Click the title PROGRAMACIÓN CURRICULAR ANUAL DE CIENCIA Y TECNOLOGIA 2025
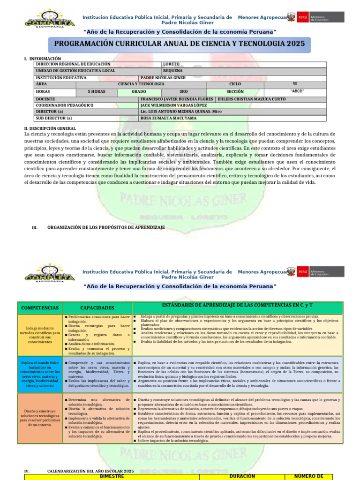[x=180, y=44]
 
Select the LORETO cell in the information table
[x=171, y=64]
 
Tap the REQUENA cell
[x=172, y=71]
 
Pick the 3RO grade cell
[x=183, y=92]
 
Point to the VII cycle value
[x=295, y=83]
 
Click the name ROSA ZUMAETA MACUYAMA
[x=168, y=119]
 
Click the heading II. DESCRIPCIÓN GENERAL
[x=50, y=128]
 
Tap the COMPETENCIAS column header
[x=40, y=308]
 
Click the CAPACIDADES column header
[x=97, y=308]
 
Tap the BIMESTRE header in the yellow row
[x=112, y=476]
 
